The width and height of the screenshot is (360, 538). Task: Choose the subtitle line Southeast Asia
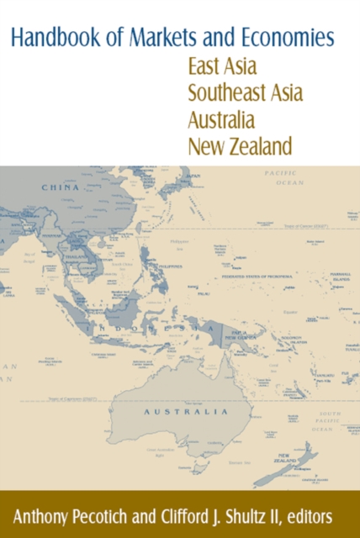246,93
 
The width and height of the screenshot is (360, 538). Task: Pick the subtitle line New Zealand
241,146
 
